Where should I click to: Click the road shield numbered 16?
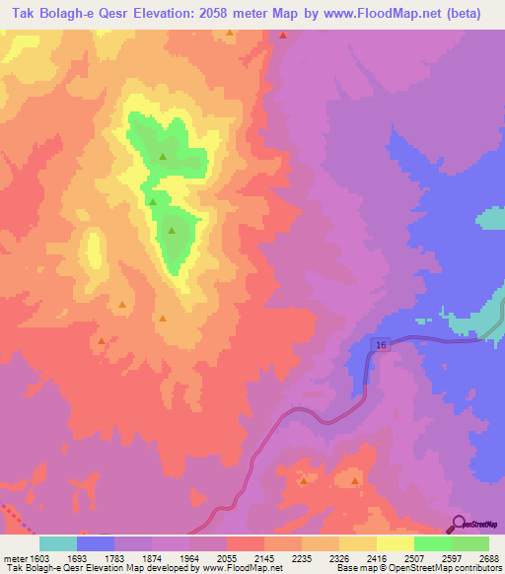point(381,344)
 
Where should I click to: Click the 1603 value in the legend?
point(39,559)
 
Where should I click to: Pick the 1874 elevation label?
point(151,559)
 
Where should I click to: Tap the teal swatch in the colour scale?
point(58,543)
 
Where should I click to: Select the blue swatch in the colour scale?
point(96,543)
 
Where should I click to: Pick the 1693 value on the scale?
point(77,559)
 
